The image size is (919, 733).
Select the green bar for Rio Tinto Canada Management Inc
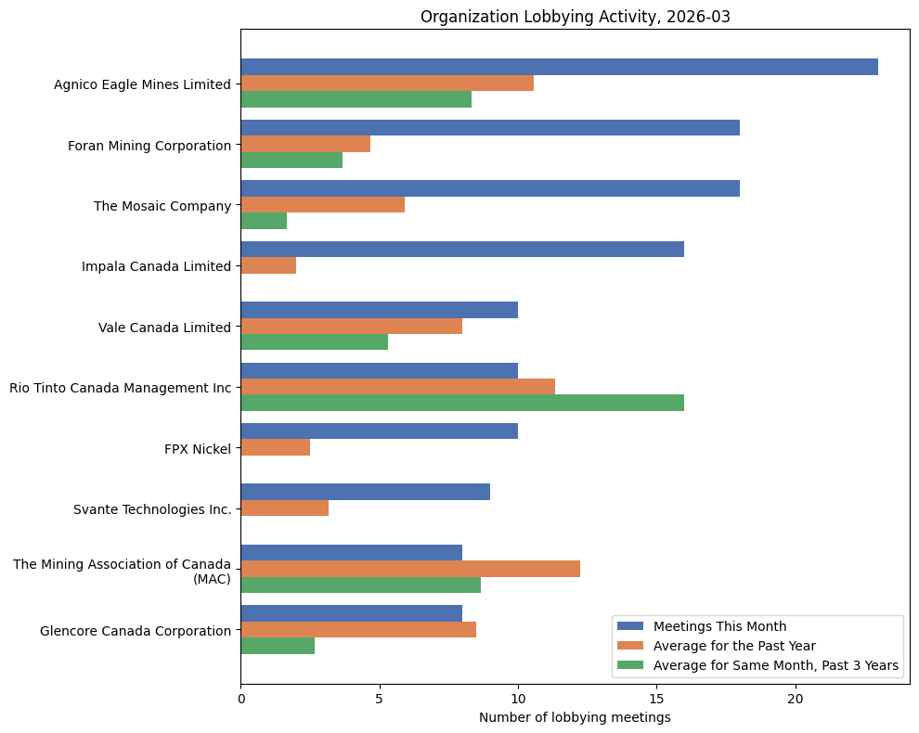(x=462, y=403)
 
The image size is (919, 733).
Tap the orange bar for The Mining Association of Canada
(x=410, y=569)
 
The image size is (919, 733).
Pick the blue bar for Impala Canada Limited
(x=462, y=249)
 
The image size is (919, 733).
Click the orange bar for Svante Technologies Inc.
(x=284, y=508)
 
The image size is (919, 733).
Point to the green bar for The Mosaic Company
(x=264, y=221)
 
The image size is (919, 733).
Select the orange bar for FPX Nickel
(x=275, y=448)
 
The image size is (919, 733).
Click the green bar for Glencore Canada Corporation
(x=278, y=646)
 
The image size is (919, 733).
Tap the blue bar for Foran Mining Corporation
(x=490, y=128)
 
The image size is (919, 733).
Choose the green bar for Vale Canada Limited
(x=314, y=342)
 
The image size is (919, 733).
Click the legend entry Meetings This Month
(x=719, y=625)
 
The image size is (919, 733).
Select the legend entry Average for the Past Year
(x=734, y=645)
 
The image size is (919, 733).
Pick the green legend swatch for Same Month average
(x=630, y=665)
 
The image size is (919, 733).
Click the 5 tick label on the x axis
(x=380, y=698)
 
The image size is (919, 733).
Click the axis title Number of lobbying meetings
(x=575, y=717)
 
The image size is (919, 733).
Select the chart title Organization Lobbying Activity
(x=575, y=17)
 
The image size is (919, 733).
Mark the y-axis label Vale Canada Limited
(x=164, y=327)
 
